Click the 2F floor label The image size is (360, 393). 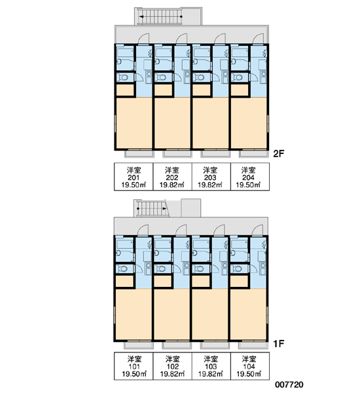[x=278, y=153]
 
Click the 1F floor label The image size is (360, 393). [x=278, y=344]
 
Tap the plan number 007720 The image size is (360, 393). [x=289, y=384]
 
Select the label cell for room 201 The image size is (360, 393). [x=134, y=177]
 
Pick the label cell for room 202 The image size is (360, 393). [x=172, y=177]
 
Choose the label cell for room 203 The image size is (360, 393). [x=211, y=177]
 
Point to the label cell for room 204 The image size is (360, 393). [x=250, y=177]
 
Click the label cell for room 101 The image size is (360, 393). [x=134, y=366]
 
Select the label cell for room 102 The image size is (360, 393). [x=172, y=366]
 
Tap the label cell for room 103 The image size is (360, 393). [x=211, y=366]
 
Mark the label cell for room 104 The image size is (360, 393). [x=250, y=366]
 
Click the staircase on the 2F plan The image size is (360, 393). [x=160, y=16]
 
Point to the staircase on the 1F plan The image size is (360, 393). [x=151, y=208]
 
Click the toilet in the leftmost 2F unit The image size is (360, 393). [x=123, y=77]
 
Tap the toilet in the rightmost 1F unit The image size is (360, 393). [x=237, y=269]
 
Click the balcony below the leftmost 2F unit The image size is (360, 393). [x=139, y=154]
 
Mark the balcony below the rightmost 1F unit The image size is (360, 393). [x=253, y=345]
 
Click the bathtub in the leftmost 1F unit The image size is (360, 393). [x=125, y=244]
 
